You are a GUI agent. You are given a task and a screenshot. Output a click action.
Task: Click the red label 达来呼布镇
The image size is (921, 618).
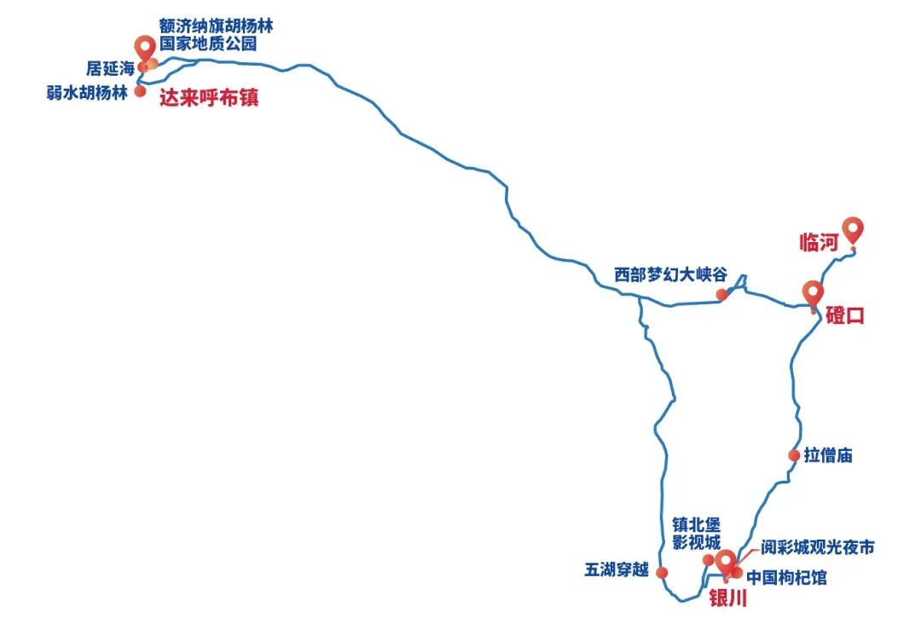[x=209, y=98]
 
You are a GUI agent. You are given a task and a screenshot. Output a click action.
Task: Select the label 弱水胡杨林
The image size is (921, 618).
[x=87, y=92]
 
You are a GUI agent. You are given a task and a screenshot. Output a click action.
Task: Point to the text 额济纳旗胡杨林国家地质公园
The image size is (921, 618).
[x=215, y=34]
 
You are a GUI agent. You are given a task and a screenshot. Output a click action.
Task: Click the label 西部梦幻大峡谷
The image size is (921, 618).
[x=671, y=275]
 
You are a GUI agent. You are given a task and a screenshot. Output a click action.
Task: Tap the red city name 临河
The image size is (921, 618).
[x=820, y=242]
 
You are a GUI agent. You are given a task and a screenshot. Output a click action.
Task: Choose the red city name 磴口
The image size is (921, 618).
[x=845, y=315]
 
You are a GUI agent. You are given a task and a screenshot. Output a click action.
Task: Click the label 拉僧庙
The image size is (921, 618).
[x=828, y=455]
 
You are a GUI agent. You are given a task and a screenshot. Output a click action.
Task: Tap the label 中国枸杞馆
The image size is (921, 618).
[x=786, y=578]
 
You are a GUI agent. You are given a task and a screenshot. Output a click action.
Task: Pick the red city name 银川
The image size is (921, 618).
[x=728, y=599]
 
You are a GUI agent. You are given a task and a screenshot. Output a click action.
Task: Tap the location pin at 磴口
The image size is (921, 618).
[x=813, y=292]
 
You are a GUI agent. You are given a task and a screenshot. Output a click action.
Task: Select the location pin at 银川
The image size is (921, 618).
[x=726, y=562]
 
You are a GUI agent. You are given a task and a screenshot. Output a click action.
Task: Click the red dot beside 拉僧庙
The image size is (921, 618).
[x=793, y=455]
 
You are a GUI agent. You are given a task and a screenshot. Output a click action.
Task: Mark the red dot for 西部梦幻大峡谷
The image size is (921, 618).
[x=721, y=295]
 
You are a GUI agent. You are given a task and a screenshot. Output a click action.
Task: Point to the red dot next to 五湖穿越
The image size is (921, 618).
[x=661, y=572]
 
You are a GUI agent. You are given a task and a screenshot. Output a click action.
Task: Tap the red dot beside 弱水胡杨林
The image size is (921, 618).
[x=141, y=91]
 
